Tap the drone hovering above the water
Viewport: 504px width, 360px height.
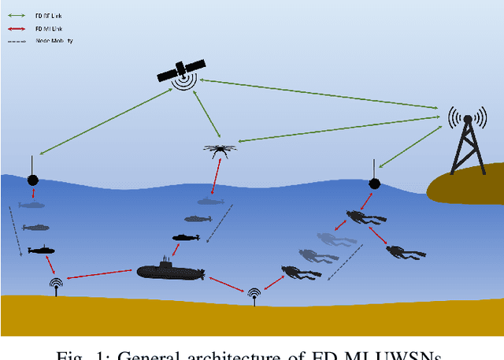[218, 149]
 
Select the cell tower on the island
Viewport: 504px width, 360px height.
[466, 142]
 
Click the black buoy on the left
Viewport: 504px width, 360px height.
[32, 180]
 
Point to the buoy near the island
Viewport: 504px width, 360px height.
[375, 183]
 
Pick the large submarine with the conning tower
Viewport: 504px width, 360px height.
[170, 270]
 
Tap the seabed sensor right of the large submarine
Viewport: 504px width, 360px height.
[254, 294]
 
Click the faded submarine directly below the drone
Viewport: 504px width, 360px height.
[210, 202]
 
